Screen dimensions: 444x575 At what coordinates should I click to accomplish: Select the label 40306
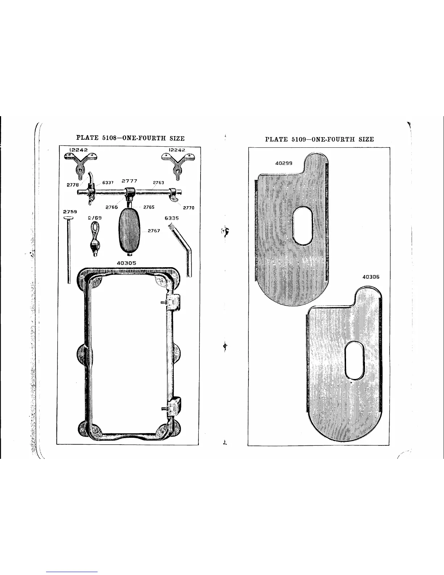coord(371,277)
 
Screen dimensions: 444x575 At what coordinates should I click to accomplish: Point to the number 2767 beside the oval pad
coord(154,231)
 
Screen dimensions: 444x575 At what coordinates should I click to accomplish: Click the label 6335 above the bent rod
coord(172,219)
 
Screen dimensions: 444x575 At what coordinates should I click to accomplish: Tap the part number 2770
coord(189,208)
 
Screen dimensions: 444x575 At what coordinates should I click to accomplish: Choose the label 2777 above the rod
coord(129,180)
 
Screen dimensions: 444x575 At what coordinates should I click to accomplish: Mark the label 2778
coord(73,185)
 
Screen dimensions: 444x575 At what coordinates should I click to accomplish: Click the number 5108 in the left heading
coord(108,138)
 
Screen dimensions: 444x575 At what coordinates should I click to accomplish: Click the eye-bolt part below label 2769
coord(94,240)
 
